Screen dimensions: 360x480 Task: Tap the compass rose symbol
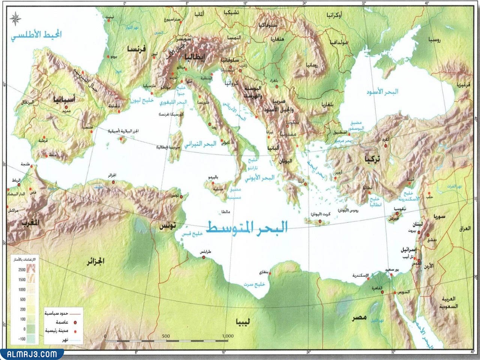[x=16, y=17]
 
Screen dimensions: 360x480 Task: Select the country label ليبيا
[x=243, y=321]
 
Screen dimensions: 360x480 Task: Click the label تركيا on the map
[x=372, y=159]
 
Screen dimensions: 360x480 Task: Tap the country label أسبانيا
[x=65, y=99]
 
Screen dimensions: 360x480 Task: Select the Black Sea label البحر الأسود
[x=383, y=91]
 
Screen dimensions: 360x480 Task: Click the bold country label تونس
[x=167, y=227]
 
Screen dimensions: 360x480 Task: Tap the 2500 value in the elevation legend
[x=21, y=270]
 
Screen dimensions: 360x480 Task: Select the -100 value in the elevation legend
[x=21, y=339]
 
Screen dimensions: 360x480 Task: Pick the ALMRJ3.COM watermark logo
[x=31, y=354]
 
